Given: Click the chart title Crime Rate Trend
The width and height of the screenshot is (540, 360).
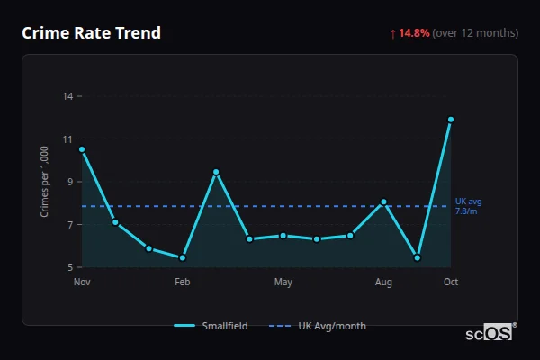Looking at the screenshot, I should (91, 33).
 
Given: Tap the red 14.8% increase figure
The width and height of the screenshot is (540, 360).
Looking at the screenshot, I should (415, 33).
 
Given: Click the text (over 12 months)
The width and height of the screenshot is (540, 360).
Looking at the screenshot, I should (475, 33).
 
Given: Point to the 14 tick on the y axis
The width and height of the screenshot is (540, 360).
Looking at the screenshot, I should (68, 95).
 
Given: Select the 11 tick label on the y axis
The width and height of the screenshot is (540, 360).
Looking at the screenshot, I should (68, 139).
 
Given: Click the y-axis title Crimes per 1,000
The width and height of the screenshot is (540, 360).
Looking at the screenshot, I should (44, 181).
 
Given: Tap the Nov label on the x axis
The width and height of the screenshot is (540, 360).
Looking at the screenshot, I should (82, 283).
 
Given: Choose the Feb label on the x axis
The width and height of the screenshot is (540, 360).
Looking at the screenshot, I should (182, 283).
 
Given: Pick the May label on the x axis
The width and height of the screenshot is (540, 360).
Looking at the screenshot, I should (283, 283).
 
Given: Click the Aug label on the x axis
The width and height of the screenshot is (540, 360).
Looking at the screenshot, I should (383, 283).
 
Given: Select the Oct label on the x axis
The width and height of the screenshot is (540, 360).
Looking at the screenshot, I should (451, 283).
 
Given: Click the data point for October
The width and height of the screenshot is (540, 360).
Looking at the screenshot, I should (451, 119).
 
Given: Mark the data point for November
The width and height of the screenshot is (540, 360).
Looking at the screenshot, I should (82, 149).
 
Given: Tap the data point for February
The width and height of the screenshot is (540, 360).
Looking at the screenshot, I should (183, 257).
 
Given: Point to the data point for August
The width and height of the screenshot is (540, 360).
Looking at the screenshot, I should (383, 202).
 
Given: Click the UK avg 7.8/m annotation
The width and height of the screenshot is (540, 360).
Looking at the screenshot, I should (468, 206).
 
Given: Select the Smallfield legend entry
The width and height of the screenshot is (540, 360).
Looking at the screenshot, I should (211, 326).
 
